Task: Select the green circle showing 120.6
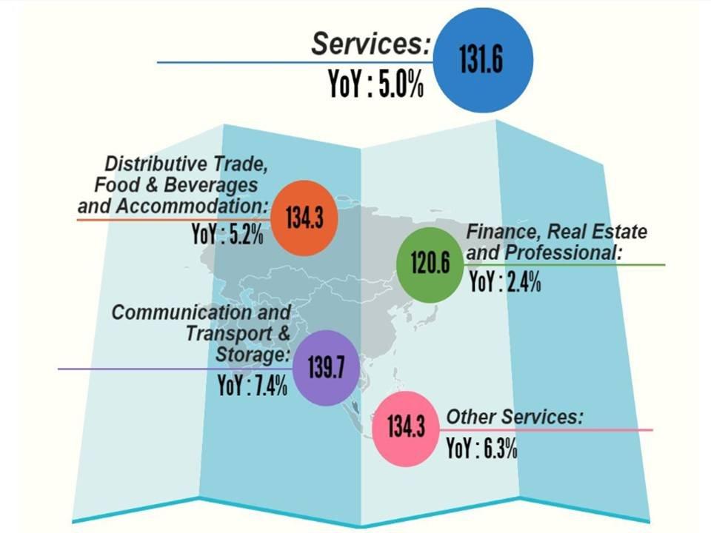pyautogui.click(x=430, y=264)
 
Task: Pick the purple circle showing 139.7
pyautogui.click(x=322, y=367)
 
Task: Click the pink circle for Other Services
pyautogui.click(x=406, y=428)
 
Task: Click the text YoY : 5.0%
pyautogui.click(x=376, y=84)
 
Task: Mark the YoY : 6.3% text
pyautogui.click(x=481, y=449)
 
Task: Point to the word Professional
pyautogui.click(x=562, y=252)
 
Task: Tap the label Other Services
pyautogui.click(x=514, y=417)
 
